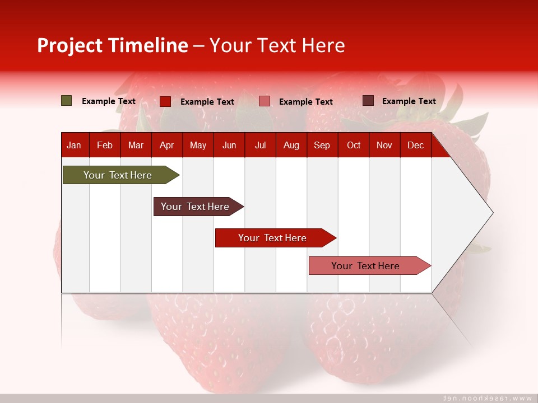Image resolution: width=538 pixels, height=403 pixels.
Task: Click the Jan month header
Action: click(74, 146)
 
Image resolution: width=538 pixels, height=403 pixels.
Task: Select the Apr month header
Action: click(166, 146)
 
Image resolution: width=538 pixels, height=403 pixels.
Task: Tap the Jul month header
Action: click(260, 146)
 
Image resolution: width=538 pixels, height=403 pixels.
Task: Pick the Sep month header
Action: click(322, 146)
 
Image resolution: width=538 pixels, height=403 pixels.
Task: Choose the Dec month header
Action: click(415, 146)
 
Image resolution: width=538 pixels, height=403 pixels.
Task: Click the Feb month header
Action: click(105, 146)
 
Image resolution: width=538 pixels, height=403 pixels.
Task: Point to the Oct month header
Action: click(354, 146)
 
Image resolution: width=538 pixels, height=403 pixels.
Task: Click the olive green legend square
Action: click(67, 101)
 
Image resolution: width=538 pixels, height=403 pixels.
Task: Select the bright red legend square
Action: click(165, 101)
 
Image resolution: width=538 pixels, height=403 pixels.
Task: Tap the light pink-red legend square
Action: click(265, 101)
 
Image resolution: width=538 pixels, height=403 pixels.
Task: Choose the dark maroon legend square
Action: click(368, 101)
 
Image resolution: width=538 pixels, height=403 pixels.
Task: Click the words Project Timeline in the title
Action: click(113, 45)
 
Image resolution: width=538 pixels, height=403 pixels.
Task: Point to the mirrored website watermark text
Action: click(488, 398)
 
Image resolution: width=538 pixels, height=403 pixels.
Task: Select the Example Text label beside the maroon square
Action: click(409, 101)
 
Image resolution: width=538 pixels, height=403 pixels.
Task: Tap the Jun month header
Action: click(229, 146)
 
